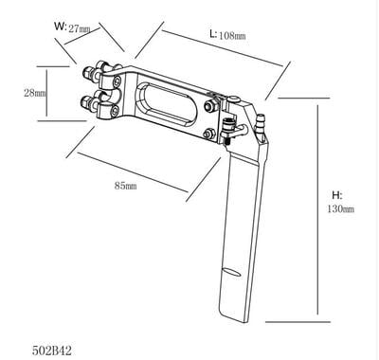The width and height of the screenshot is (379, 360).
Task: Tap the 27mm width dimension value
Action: point(81,28)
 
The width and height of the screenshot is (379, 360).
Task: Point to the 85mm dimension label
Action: point(125,187)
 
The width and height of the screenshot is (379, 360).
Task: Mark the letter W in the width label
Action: point(60,27)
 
